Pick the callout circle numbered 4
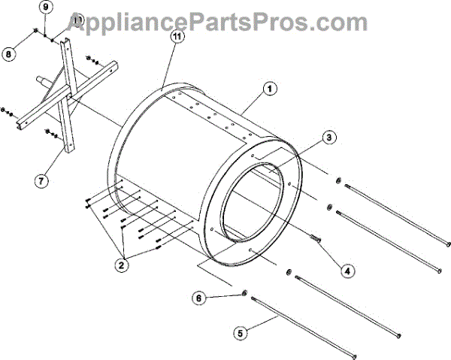(347, 268)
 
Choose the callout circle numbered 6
(199, 298)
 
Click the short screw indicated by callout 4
(316, 238)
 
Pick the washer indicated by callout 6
(245, 292)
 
